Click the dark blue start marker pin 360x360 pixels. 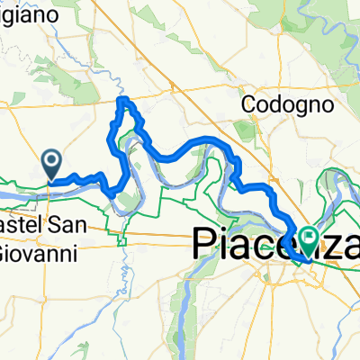coord(52,165)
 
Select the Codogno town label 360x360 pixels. coord(287,104)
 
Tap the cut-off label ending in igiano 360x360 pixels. coord(29,15)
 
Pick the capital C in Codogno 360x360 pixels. coord(247,104)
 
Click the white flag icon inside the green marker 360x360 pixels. coord(311,238)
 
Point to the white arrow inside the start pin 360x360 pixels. coord(52,162)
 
